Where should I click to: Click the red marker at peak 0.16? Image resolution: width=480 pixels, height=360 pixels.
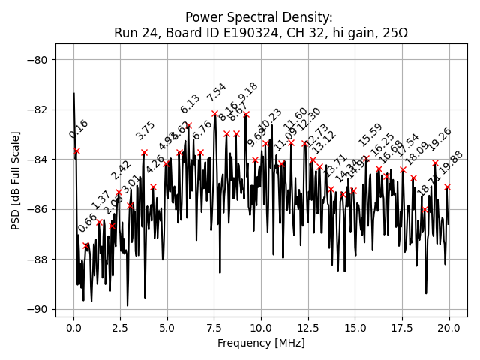pos(76,151)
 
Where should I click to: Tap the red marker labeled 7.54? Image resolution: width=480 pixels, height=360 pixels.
pos(214,114)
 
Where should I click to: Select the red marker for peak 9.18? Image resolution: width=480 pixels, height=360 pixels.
pos(246,115)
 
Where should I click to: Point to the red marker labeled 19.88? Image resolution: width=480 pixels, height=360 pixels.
pos(447,187)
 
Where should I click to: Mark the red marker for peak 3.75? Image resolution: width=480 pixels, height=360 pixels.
pos(144,152)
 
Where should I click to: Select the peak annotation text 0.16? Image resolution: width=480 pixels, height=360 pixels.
pos(79,129)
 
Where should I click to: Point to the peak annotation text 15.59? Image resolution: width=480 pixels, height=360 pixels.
pos(370,135)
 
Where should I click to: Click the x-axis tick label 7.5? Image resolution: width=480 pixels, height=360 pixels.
pos(214,328)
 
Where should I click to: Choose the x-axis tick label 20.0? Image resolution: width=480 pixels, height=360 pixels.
pos(449,328)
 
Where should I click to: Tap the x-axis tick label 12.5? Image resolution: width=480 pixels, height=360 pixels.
pos(307,328)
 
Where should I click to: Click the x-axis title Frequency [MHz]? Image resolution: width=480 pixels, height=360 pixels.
pos(261,343)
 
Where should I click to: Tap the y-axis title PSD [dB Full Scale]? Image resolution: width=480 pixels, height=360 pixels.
pos(16,180)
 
